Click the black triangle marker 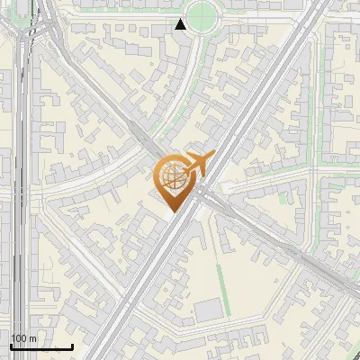pyautogui.click(x=181, y=24)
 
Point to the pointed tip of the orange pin pyautogui.click(x=171, y=211)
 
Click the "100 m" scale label pyautogui.click(x=23, y=337)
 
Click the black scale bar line pyautogui.click(x=41, y=346)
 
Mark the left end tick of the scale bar pyautogui.click(x=11, y=345)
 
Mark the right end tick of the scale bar pyautogui.click(x=72, y=345)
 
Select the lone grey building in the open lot pyautogui.click(x=208, y=310)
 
